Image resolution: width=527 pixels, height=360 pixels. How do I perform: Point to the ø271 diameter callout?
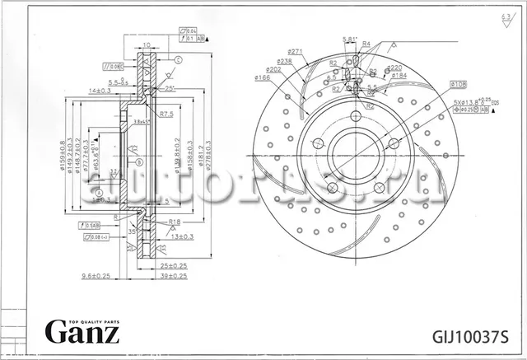coord(296,52)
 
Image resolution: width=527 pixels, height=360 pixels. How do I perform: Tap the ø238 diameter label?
coord(285,61)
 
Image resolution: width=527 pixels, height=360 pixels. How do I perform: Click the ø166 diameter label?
coord(263,78)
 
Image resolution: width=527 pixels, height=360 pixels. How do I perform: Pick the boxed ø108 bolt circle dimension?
coord(459,84)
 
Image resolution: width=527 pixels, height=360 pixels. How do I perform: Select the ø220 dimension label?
coord(394,68)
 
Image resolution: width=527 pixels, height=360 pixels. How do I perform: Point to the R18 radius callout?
coord(174,222)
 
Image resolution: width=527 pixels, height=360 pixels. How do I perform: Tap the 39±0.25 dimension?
coord(173,276)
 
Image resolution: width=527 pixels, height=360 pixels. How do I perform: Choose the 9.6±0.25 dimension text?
coord(96,276)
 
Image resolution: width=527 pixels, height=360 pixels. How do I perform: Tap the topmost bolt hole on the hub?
coord(356,116)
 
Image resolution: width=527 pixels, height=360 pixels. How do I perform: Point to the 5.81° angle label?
coord(349,40)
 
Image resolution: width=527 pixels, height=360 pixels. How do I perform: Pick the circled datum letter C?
coord(178,60)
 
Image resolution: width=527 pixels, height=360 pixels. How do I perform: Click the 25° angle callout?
coord(169,88)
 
